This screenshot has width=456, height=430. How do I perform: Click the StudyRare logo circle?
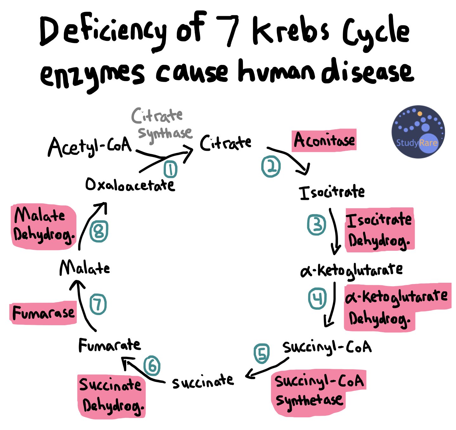pyautogui.click(x=418, y=132)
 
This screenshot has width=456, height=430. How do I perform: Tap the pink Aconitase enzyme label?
pyautogui.click(x=324, y=140)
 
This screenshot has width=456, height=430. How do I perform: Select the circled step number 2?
pyautogui.click(x=271, y=166)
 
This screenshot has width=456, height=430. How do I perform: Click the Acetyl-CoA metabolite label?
pyautogui.click(x=90, y=147)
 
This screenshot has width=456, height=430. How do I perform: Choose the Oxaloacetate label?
pyautogui.click(x=130, y=185)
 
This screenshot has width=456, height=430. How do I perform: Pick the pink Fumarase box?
pyautogui.click(x=43, y=313)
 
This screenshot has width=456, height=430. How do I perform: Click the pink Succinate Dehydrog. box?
pyautogui.click(x=112, y=396)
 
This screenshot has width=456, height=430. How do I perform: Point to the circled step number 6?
pyautogui.click(x=152, y=366)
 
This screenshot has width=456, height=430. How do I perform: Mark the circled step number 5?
pyautogui.click(x=262, y=353)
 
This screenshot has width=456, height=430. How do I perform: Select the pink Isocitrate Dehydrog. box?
pyautogui.click(x=379, y=230)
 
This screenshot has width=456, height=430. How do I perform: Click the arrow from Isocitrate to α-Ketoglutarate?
pyautogui.click(x=334, y=231)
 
